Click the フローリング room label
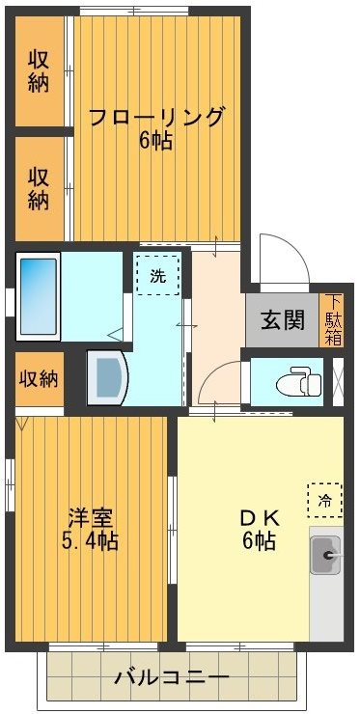click(x=156, y=117)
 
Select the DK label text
click(x=259, y=515)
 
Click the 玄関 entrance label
click(x=282, y=318)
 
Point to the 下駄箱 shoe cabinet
click(x=333, y=319)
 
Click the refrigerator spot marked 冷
click(x=325, y=499)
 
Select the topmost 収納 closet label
click(x=39, y=69)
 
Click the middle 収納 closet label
click(x=39, y=188)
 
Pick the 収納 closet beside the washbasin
click(x=39, y=378)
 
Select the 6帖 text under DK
click(x=259, y=540)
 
